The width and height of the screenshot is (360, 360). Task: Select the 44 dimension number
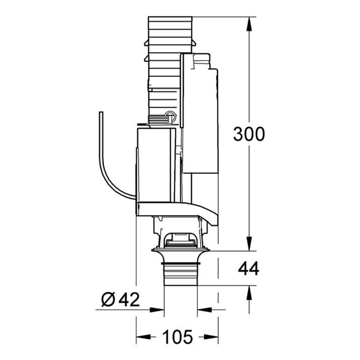249,269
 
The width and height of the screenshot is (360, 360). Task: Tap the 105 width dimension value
177,337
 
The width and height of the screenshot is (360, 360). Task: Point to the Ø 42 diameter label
120,299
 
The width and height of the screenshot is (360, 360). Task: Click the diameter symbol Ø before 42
108,299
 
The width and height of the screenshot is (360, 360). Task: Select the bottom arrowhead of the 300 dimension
249,244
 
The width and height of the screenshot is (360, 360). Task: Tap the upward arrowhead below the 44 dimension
249,293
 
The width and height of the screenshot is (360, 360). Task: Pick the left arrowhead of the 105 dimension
143,337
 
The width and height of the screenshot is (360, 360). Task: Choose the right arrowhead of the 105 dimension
211,337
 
